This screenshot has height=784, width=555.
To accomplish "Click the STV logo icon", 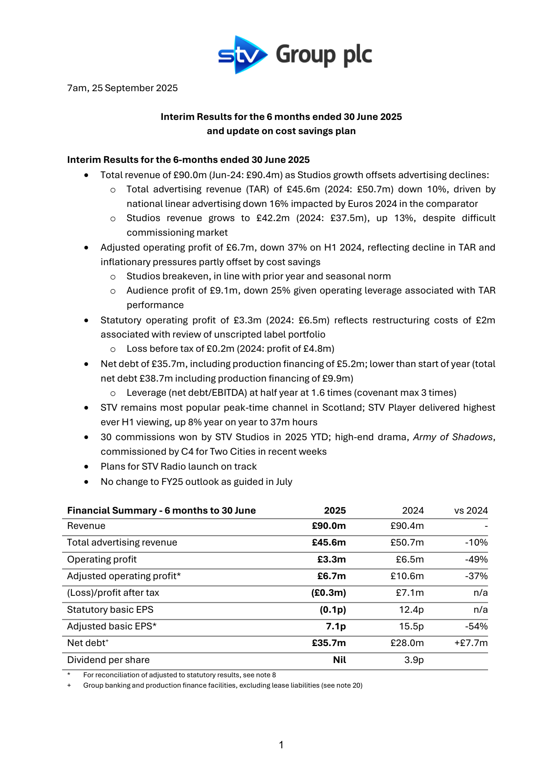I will [242, 55].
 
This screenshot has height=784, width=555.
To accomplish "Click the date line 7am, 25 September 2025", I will [122, 88].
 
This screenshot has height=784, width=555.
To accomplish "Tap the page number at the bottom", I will [281, 744].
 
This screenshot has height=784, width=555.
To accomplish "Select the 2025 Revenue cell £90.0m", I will [328, 526].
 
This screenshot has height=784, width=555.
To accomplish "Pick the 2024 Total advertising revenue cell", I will [407, 542].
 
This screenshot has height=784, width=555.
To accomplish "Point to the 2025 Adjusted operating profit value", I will [331, 576].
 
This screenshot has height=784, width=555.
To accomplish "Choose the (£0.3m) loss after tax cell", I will [328, 593].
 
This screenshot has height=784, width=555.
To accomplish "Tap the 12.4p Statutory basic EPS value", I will [411, 610].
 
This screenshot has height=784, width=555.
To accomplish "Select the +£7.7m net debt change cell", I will [471, 643].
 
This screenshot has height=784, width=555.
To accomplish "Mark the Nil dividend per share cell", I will [339, 660].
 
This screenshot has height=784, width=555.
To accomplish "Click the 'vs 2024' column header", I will [471, 511].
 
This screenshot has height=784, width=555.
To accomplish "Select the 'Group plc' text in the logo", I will [324, 55].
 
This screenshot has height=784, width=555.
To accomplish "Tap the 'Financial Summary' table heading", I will [112, 511].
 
